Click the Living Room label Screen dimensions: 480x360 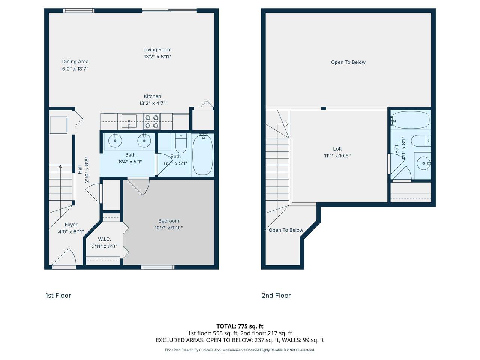point(157,50)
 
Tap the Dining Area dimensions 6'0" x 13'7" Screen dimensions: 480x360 point(75,69)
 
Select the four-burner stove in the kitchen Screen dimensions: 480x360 point(152,122)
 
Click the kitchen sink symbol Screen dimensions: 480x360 point(129,121)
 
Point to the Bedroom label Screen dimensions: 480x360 point(169,221)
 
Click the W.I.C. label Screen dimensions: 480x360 point(104,239)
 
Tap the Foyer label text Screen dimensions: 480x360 point(71,225)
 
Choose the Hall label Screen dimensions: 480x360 point(80,169)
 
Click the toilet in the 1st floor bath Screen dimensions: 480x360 point(181,143)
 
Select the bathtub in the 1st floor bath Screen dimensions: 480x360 point(203,154)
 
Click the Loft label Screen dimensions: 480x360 point(337,149)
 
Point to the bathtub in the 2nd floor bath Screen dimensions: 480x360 point(410,120)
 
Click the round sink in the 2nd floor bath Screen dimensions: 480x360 point(423,163)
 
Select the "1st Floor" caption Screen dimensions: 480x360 point(58,295)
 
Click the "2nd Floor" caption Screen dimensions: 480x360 point(276,295)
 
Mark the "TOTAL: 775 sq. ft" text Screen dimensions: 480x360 point(240,326)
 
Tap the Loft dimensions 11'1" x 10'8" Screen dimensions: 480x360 point(337,156)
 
